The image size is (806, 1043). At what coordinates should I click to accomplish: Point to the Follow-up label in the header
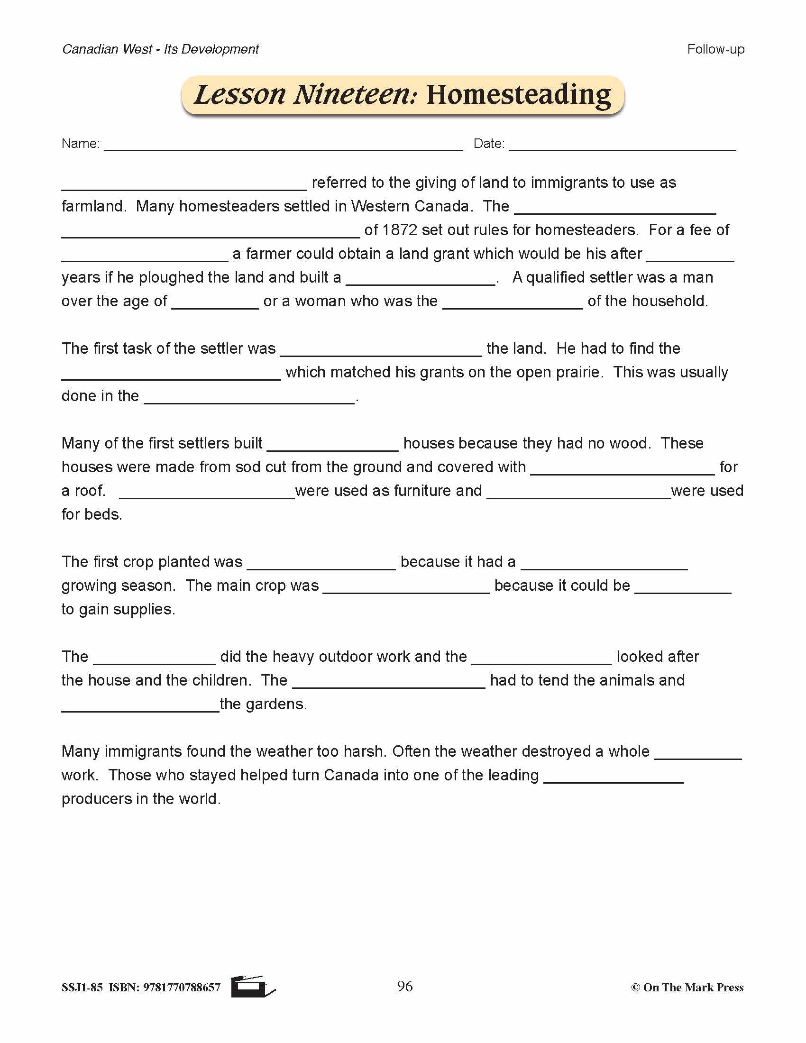pos(715,49)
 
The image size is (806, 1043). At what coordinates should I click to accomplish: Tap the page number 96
pos(404,986)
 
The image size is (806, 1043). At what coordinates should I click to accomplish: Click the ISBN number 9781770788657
pos(182,987)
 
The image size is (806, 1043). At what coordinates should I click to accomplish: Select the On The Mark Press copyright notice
pos(687,987)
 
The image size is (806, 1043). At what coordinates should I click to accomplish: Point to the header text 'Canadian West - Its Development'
pos(160,49)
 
